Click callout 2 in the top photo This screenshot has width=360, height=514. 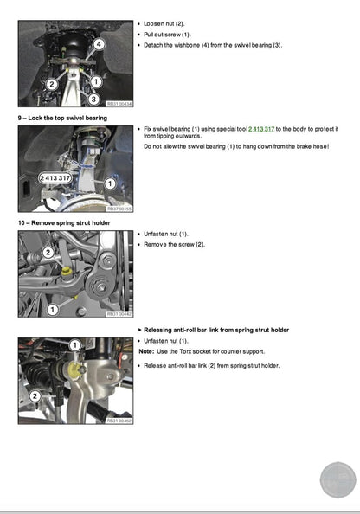[52, 84]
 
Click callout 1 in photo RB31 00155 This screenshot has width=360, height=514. [110, 183]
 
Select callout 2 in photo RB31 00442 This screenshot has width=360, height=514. [48, 251]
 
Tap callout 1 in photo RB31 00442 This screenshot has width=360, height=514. [52, 308]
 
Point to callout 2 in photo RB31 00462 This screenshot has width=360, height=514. [35, 395]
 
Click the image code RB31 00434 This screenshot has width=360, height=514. [119, 104]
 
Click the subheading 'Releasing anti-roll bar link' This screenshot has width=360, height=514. [216, 330]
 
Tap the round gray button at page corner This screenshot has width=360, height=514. [338, 480]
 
